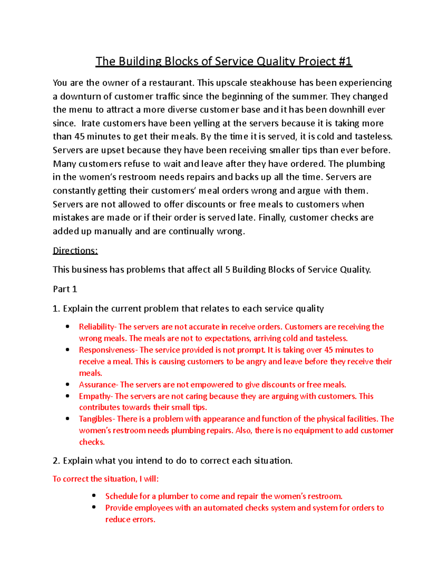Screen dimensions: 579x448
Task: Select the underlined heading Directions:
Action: (75, 251)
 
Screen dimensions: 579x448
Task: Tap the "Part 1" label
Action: (65, 289)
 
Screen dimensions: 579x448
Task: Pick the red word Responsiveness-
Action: (108, 350)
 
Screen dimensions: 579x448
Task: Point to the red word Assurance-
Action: (99, 384)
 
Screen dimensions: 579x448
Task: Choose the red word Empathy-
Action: (96, 396)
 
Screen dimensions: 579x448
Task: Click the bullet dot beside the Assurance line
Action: (68, 384)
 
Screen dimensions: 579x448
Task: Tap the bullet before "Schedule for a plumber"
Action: (94, 496)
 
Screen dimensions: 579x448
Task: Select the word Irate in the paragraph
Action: (91, 123)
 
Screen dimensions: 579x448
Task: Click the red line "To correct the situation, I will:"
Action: (106, 479)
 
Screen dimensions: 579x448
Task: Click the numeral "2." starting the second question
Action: (56, 460)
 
